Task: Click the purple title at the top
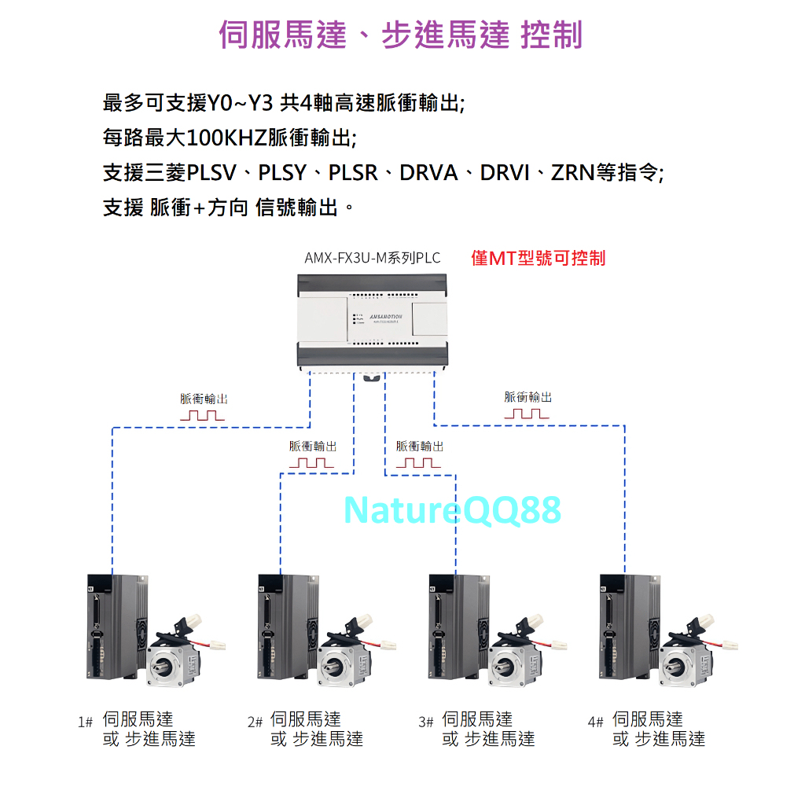click(401, 35)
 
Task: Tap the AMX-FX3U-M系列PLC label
click(372, 258)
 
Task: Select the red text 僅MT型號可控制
click(539, 258)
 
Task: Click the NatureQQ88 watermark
click(452, 509)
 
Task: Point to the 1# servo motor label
click(138, 729)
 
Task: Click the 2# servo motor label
click(306, 729)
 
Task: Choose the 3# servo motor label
click(477, 729)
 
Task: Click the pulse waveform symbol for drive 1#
click(202, 415)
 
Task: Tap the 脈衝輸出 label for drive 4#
click(527, 398)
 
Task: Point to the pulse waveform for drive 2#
click(311, 462)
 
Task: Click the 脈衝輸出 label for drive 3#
click(419, 446)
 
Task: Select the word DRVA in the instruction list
click(428, 172)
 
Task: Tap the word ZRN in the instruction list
click(572, 172)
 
